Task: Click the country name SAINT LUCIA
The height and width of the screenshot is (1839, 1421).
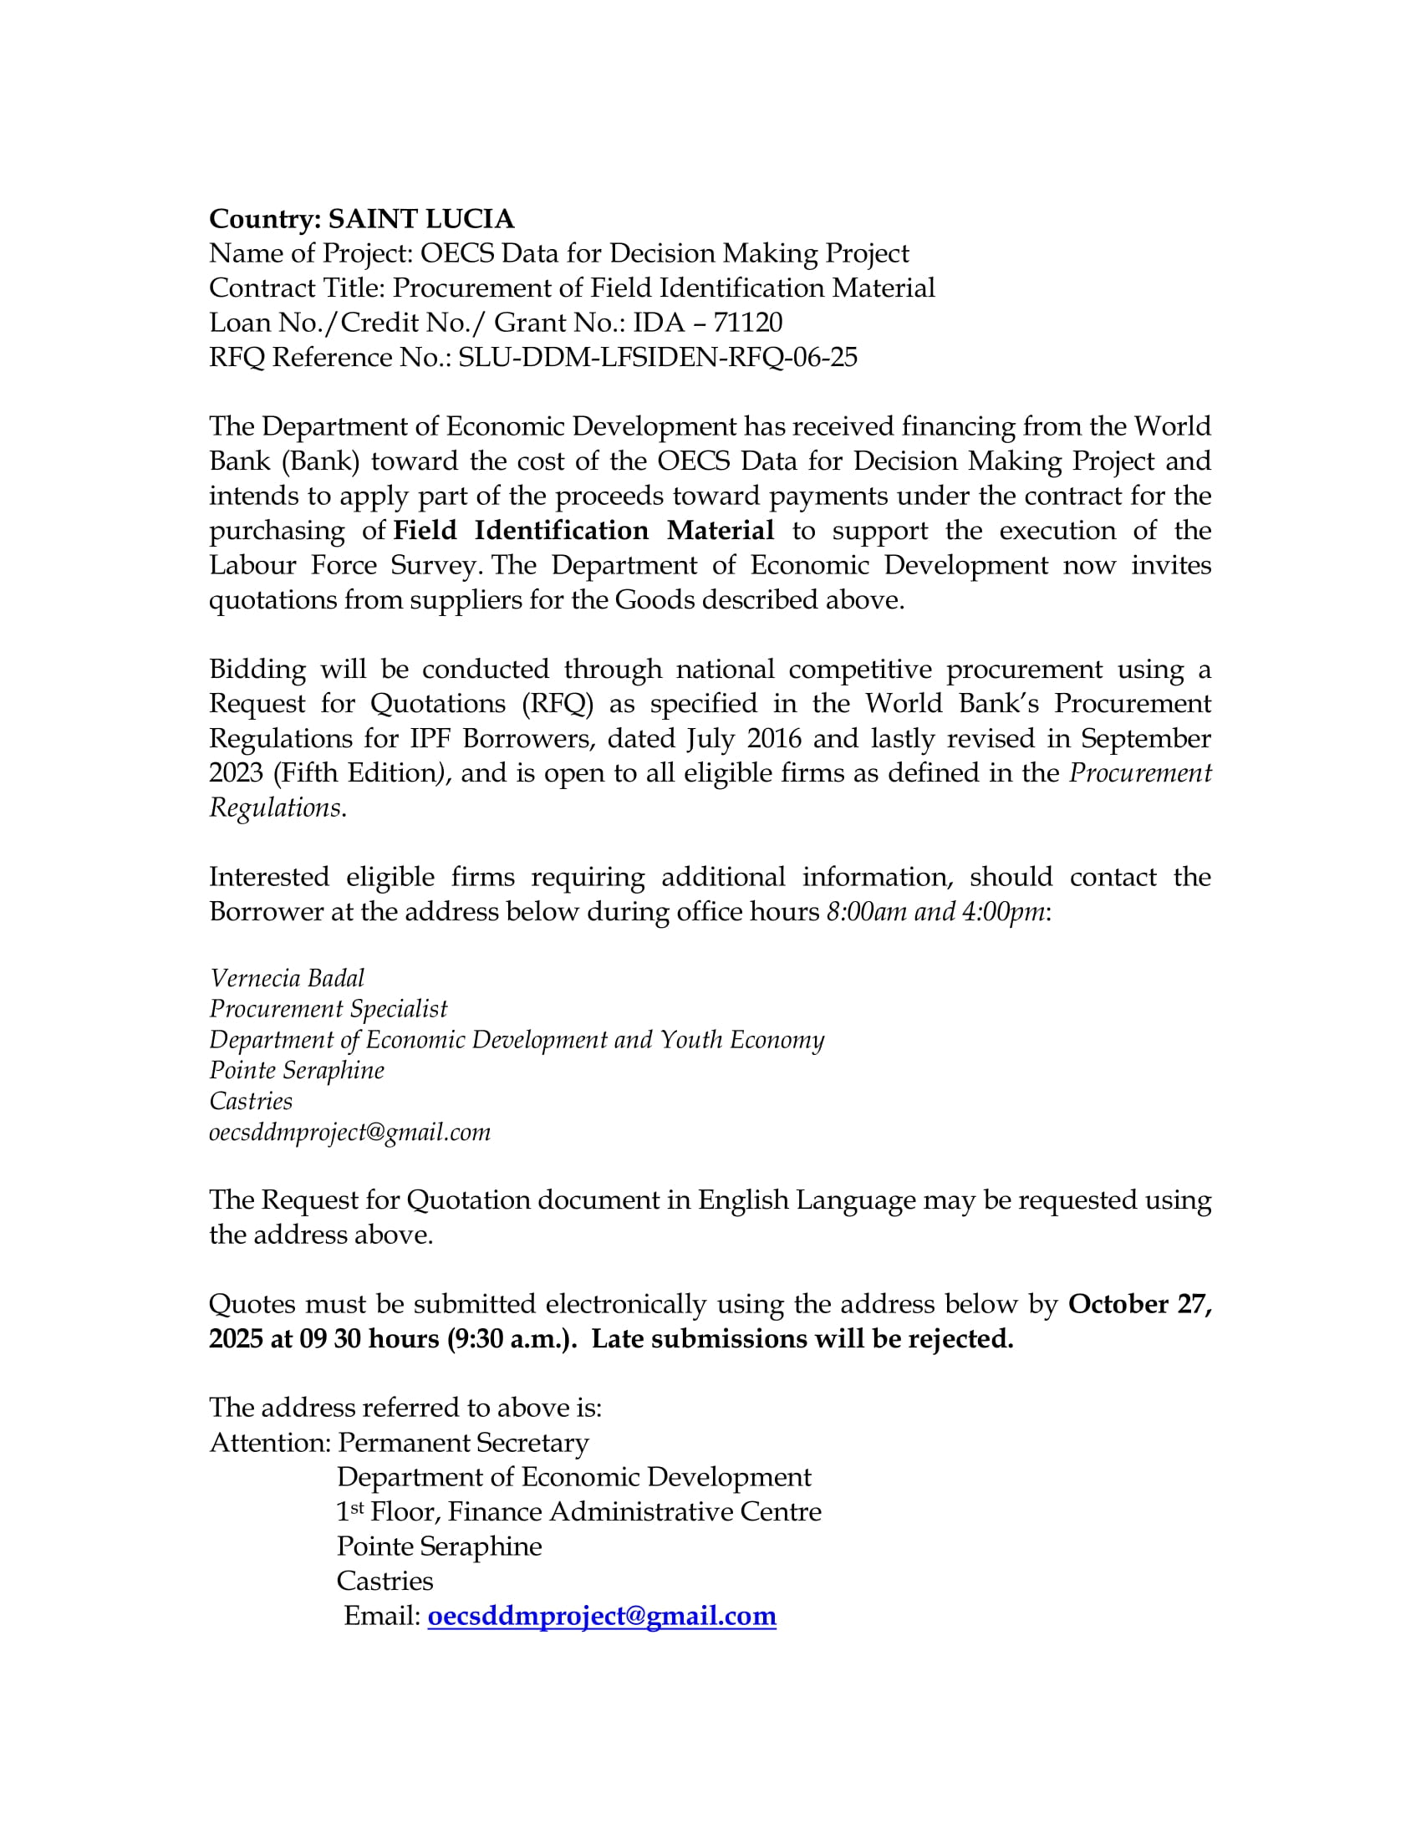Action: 421,219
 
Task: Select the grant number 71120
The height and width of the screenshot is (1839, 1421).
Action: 747,323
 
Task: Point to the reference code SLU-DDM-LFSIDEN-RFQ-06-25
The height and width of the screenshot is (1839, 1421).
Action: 658,357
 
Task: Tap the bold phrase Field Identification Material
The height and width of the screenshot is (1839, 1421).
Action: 583,531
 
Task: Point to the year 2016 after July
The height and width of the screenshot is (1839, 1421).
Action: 774,738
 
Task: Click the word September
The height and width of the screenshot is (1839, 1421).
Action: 1146,738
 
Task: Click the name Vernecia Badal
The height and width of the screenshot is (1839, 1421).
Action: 287,979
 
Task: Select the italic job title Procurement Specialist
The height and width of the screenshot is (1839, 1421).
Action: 329,1009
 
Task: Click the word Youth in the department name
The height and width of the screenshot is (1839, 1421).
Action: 690,1040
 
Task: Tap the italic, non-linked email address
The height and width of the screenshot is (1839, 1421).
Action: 349,1133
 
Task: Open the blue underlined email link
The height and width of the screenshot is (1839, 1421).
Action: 602,1616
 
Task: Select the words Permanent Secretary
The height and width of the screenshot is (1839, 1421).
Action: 463,1444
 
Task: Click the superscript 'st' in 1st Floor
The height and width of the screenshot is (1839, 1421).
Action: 357,1506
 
